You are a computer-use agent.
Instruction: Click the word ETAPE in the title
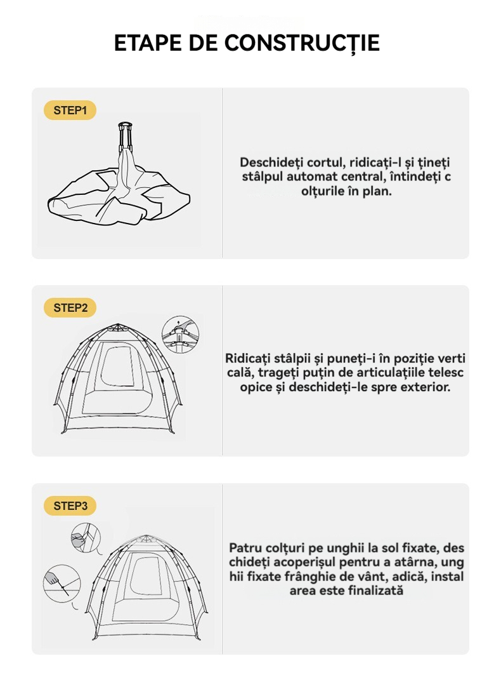point(147,43)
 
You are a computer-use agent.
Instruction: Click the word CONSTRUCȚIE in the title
point(302,43)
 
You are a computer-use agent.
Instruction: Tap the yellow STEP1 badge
point(70,110)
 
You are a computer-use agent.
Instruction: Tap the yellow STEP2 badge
point(70,308)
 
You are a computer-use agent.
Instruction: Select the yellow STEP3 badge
point(70,506)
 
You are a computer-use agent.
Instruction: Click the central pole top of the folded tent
point(125,125)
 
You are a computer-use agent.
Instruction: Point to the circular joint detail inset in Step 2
point(180,335)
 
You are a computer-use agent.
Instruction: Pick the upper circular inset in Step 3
point(86,538)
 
